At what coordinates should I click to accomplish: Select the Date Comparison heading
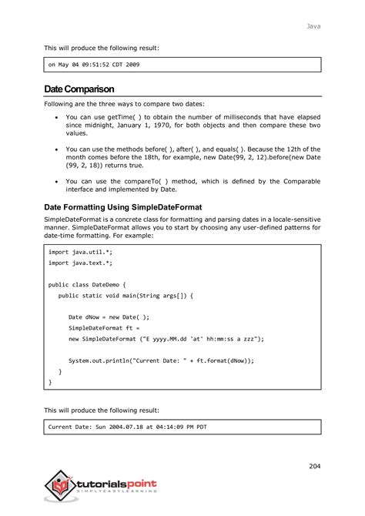pyautogui.click(x=80, y=91)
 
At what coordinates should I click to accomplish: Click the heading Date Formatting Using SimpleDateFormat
pyautogui.click(x=127, y=207)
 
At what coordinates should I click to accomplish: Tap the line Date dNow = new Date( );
pyautogui.click(x=109, y=317)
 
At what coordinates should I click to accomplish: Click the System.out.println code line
pyautogui.click(x=161, y=360)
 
